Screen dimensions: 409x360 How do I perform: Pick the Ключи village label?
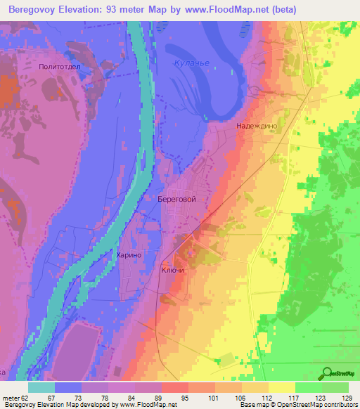click(x=173, y=271)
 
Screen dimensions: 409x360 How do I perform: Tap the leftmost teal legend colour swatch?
click(x=41, y=387)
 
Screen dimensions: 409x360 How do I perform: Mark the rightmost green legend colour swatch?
click(x=335, y=387)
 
